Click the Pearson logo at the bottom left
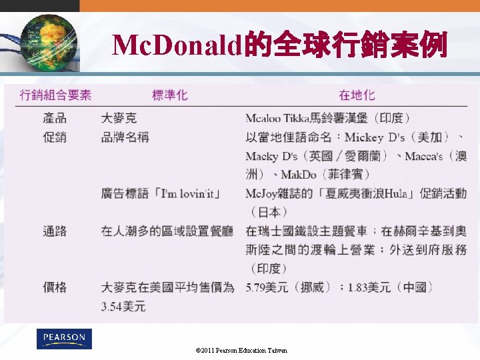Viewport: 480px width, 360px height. pos(64,339)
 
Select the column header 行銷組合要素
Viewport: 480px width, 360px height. pos(56,95)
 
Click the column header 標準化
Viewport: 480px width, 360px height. pos(170,95)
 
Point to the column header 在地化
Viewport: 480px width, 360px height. pos(357,95)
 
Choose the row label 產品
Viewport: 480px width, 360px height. pos(55,119)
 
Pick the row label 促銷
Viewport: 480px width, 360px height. pos(55,137)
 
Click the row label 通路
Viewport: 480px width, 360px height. pos(55,231)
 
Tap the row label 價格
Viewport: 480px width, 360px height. pos(55,287)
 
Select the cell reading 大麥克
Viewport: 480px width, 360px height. pos(119,119)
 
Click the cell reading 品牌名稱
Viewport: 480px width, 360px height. pos(125,137)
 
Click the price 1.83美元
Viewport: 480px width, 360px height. pos(369,287)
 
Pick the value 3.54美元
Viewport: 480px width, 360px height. pos(123,307)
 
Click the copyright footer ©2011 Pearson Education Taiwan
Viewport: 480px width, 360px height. pos(241,350)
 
